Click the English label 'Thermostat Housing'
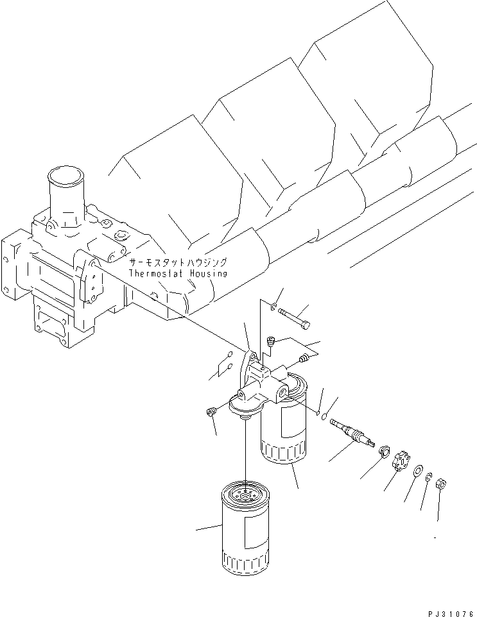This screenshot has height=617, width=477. (x=178, y=273)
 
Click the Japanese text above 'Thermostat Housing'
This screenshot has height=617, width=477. (x=178, y=263)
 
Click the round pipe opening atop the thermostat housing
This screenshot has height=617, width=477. (x=64, y=176)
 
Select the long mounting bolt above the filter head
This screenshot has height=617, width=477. (x=297, y=317)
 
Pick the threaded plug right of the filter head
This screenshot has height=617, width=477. (x=303, y=359)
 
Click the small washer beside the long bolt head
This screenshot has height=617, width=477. (x=275, y=308)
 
